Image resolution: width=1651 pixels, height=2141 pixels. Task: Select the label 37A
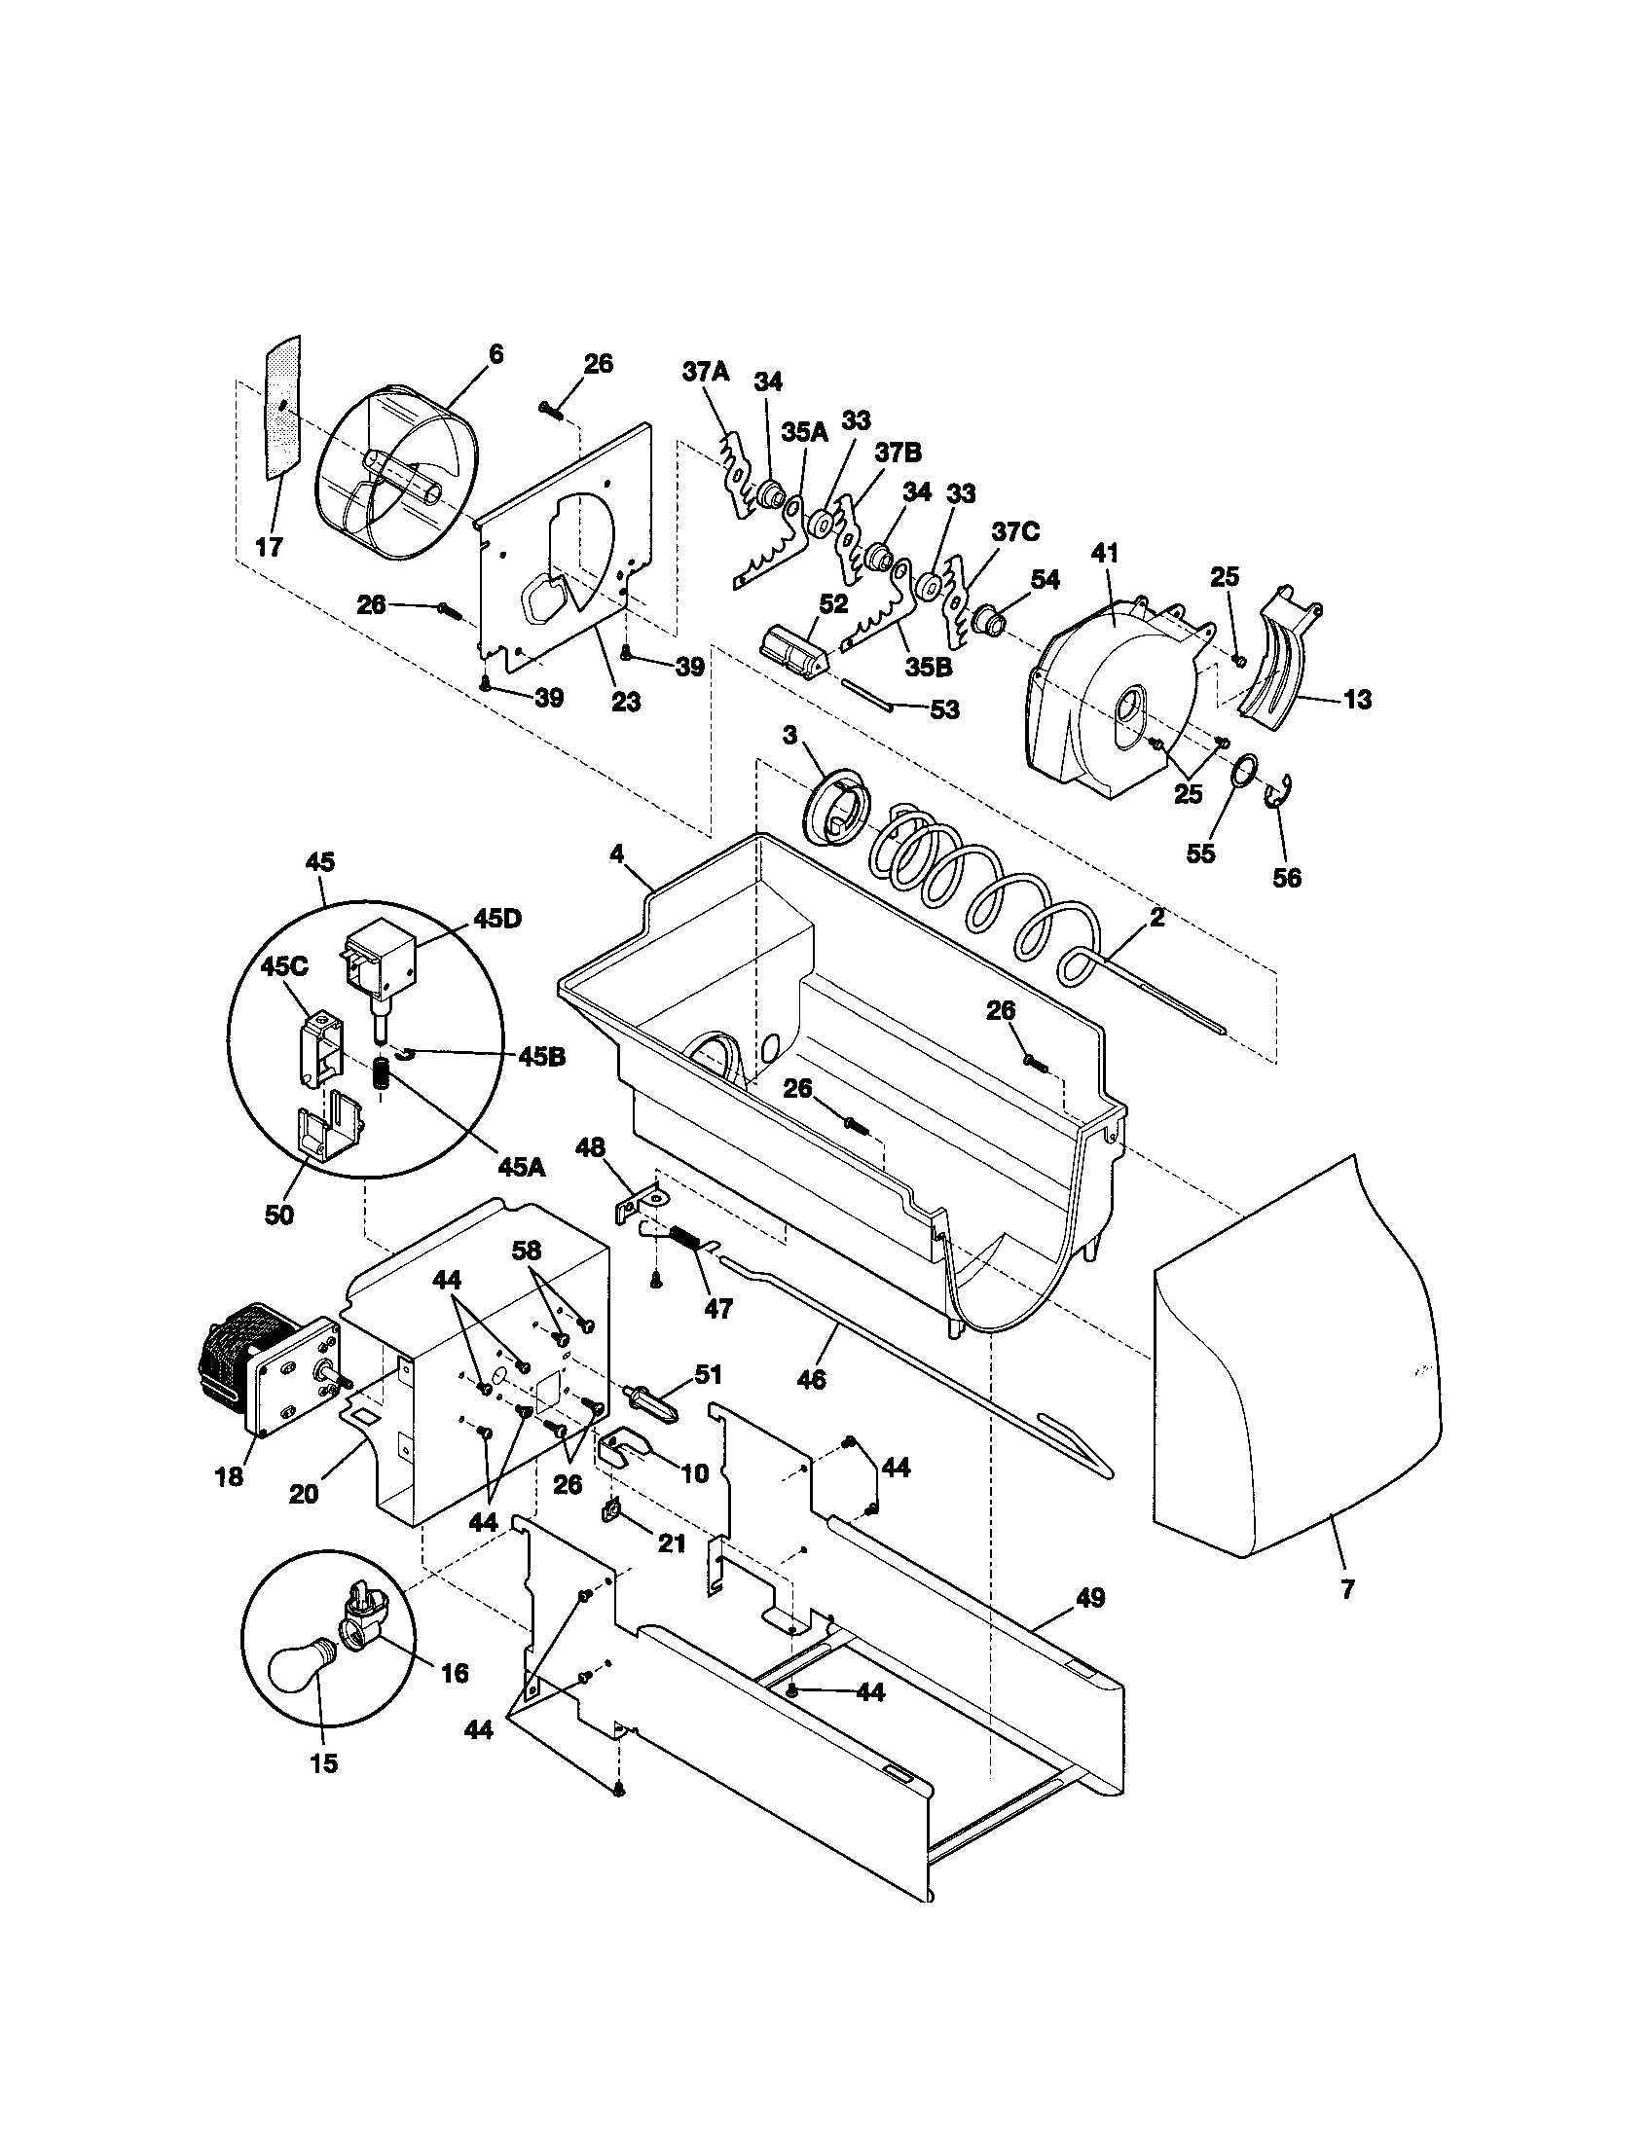pos(705,372)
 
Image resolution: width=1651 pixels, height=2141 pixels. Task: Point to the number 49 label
pos(1089,1598)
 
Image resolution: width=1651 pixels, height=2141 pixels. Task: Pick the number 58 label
pos(527,1251)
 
